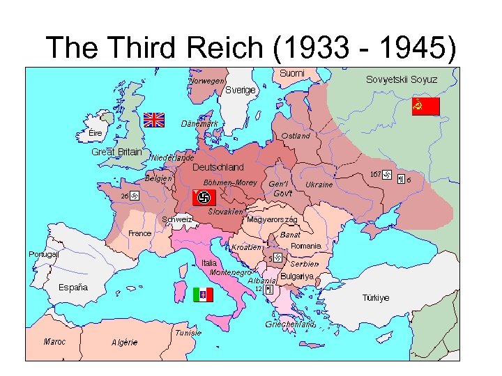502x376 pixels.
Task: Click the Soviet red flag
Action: [x=425, y=107]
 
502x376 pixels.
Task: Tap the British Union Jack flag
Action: [x=153, y=120]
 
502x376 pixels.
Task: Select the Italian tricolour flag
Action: [x=203, y=295]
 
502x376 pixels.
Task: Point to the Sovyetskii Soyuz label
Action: [x=402, y=79]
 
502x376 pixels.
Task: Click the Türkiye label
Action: [x=375, y=298]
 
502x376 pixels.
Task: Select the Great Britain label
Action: [x=116, y=152]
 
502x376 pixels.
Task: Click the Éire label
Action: [x=96, y=133]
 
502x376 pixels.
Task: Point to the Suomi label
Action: [x=292, y=73]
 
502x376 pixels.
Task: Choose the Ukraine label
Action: [x=319, y=185]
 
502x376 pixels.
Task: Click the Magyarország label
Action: [x=273, y=220]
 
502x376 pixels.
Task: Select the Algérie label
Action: [x=125, y=343]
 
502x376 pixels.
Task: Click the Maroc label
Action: [x=55, y=342]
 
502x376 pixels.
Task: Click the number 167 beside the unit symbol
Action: [x=375, y=174]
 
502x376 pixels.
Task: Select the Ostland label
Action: [x=296, y=136]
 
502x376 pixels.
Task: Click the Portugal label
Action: [x=43, y=255]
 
